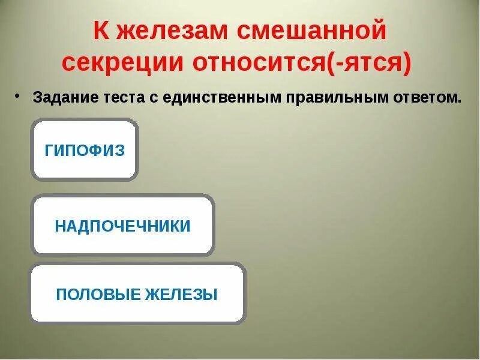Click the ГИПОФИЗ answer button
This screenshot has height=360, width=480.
[x=85, y=149]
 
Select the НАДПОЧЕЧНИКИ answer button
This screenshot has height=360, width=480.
[x=122, y=226]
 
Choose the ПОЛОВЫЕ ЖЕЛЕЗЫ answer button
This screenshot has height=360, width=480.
[x=137, y=294]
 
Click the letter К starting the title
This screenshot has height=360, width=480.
[x=100, y=31]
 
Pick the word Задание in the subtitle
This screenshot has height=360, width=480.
[x=59, y=97]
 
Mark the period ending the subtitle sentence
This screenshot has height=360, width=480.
[x=461, y=100]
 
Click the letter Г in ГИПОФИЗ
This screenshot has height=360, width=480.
[x=49, y=149]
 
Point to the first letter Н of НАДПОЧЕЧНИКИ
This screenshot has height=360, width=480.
[x=60, y=226]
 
